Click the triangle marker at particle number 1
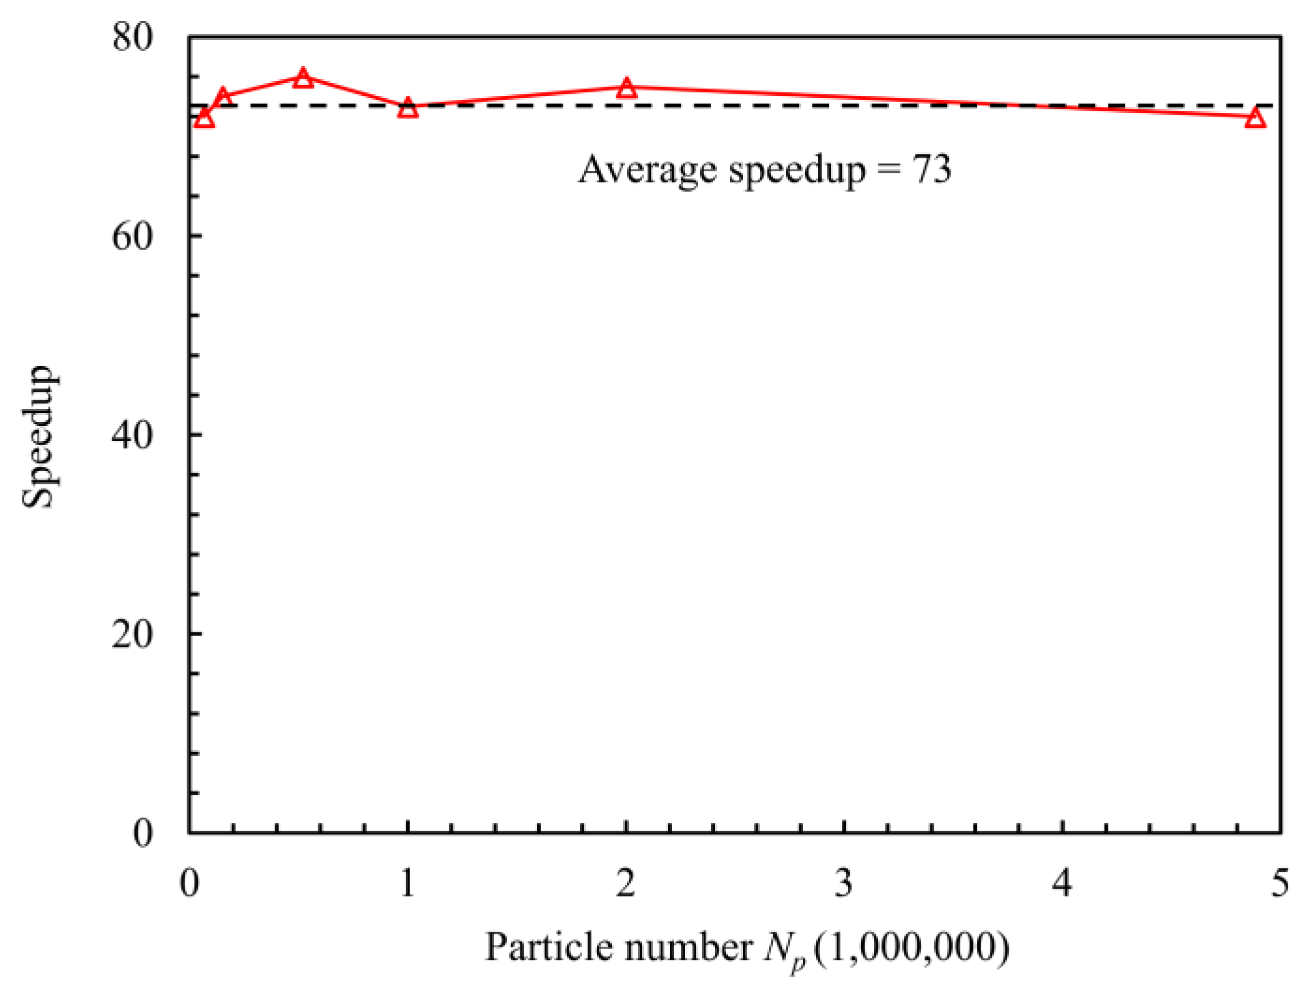coord(407,107)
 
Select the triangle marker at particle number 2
coord(626,88)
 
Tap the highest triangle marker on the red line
coord(303,77)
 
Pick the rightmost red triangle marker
coord(1255,117)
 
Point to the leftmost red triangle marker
coord(204,117)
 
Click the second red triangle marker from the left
coord(223,97)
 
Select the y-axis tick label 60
coord(132,236)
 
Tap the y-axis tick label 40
coord(132,435)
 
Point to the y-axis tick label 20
coord(132,634)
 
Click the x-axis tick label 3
coord(843,883)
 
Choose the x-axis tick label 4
coord(1062,883)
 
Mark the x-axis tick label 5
coord(1280,883)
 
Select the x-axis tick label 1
coord(407,883)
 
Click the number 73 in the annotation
coord(932,168)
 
